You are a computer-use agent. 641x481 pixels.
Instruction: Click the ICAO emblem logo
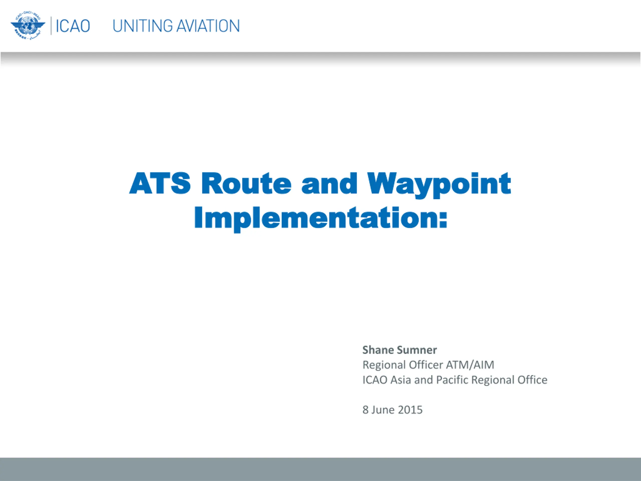pyautogui.click(x=28, y=26)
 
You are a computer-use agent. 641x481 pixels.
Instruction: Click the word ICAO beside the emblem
pyautogui.click(x=73, y=26)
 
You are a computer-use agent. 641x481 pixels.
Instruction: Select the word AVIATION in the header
pyautogui.click(x=208, y=26)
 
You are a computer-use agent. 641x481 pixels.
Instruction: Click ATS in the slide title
pyautogui.click(x=160, y=183)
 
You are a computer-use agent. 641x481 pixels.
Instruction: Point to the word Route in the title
pyautogui.click(x=246, y=183)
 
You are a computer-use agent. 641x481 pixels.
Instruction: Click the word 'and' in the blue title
pyautogui.click(x=329, y=183)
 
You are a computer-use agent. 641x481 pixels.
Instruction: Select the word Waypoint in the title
pyautogui.click(x=439, y=185)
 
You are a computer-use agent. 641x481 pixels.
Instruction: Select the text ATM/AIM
pyautogui.click(x=470, y=365)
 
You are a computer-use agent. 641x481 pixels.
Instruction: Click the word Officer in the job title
pyautogui.click(x=426, y=365)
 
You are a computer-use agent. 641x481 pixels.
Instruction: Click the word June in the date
pyautogui.click(x=383, y=410)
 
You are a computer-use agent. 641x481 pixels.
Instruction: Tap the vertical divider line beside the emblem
pyautogui.click(x=51, y=26)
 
